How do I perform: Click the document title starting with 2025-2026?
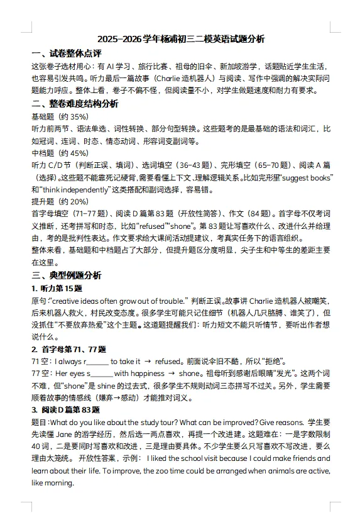click(181, 39)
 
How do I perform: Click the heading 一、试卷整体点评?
click(67, 53)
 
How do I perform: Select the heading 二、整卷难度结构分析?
click(75, 104)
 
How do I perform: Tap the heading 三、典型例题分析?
click(67, 275)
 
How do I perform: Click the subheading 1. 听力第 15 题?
click(57, 288)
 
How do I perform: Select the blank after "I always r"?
click(95, 361)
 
